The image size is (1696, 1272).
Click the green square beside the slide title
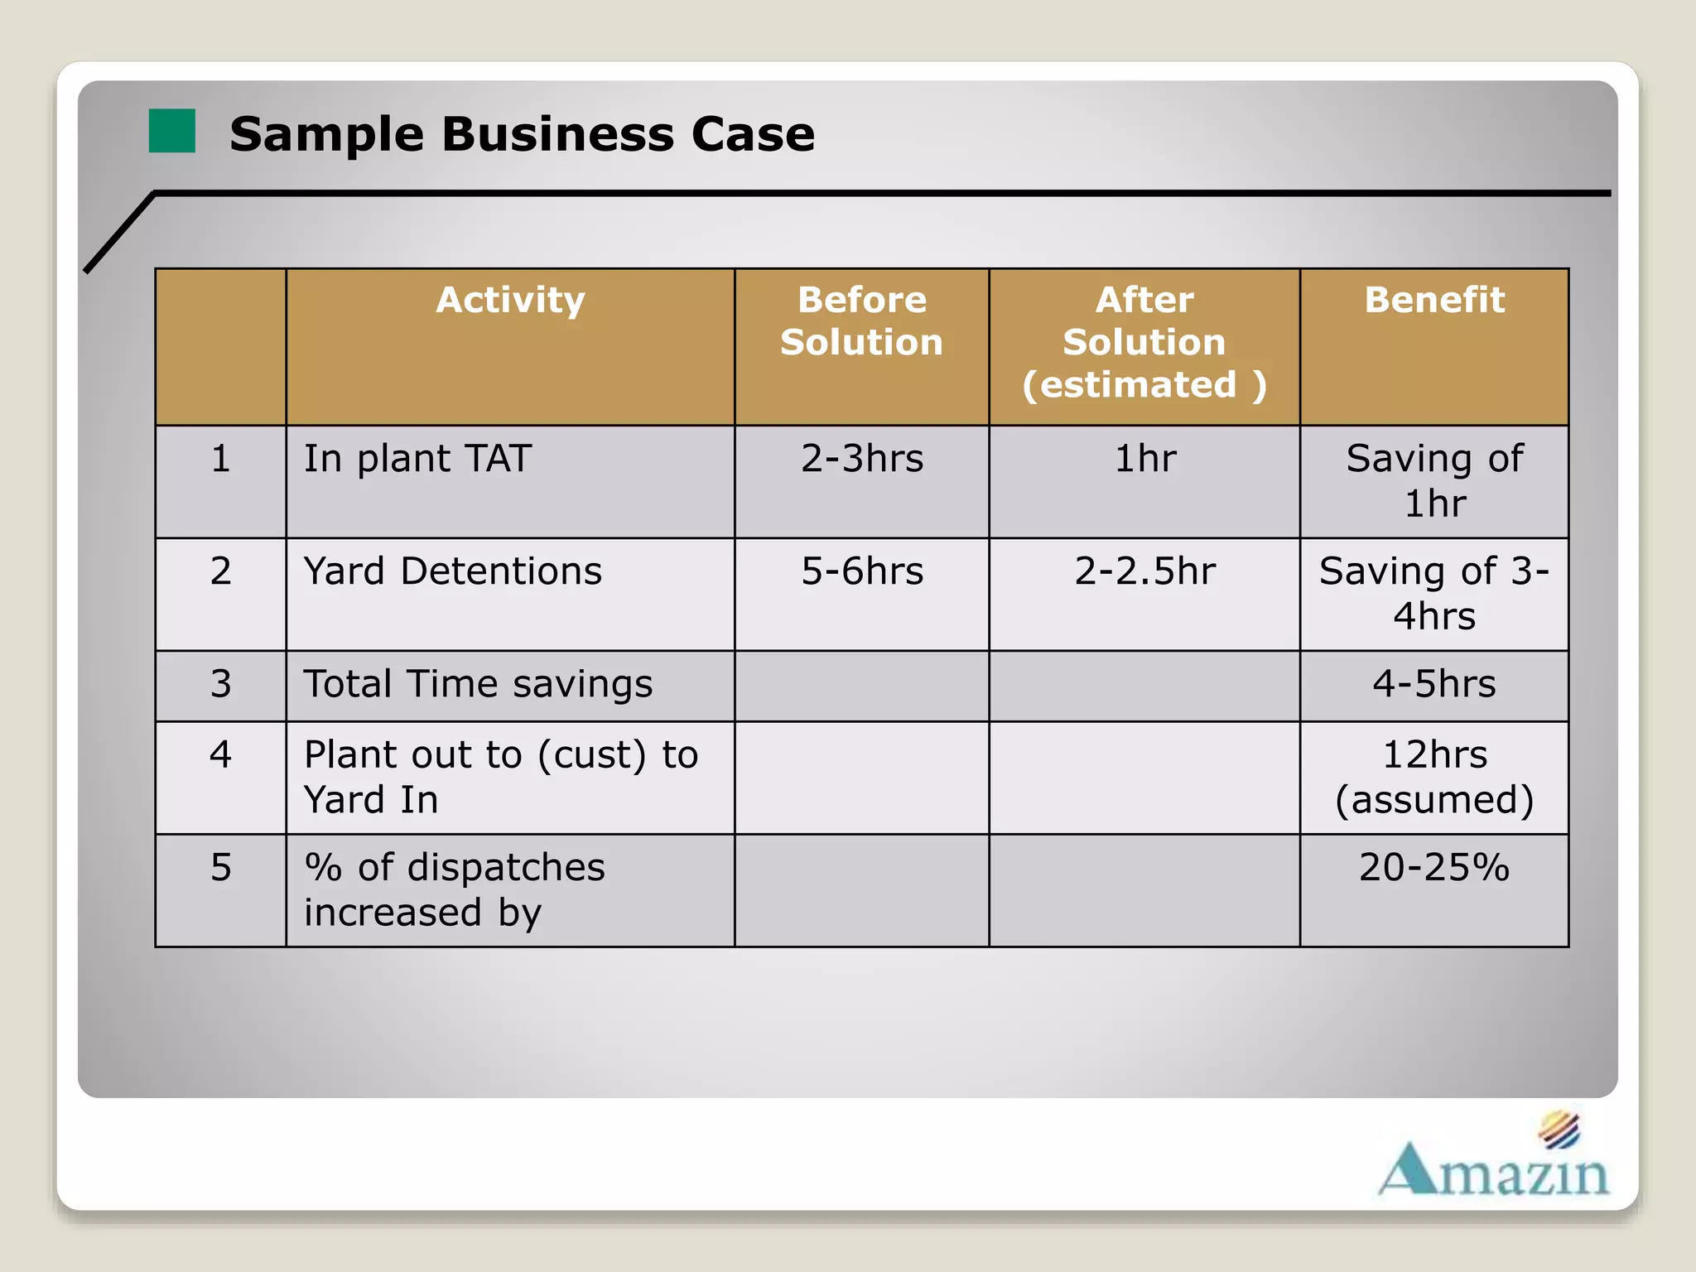coord(171,131)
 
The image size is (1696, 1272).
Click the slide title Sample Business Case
coord(522,134)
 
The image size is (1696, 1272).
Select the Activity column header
coord(510,300)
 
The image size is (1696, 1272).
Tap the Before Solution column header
coord(861,321)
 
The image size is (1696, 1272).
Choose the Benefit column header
coord(1434,300)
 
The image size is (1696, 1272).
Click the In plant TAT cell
coord(417,459)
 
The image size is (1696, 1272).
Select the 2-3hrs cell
coord(861,459)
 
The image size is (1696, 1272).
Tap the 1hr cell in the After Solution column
coord(1144,459)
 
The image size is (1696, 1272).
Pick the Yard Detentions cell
coord(452,571)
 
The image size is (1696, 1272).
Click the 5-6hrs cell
coord(861,571)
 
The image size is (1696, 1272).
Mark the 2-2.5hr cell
coord(1144,571)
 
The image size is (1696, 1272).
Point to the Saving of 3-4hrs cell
coord(1434,593)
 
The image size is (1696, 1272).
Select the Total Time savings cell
coord(478,684)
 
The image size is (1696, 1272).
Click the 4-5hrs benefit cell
coord(1434,684)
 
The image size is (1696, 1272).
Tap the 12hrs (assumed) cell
coord(1434,777)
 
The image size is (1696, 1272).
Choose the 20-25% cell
coord(1434,868)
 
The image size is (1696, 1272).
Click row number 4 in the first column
coord(220,755)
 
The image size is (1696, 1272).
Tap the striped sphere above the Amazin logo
coord(1559,1130)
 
